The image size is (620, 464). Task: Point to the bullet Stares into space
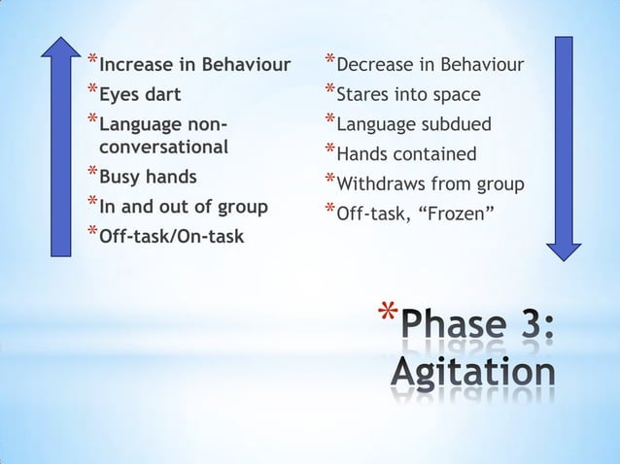click(x=407, y=95)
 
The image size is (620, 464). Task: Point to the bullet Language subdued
click(x=413, y=124)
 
